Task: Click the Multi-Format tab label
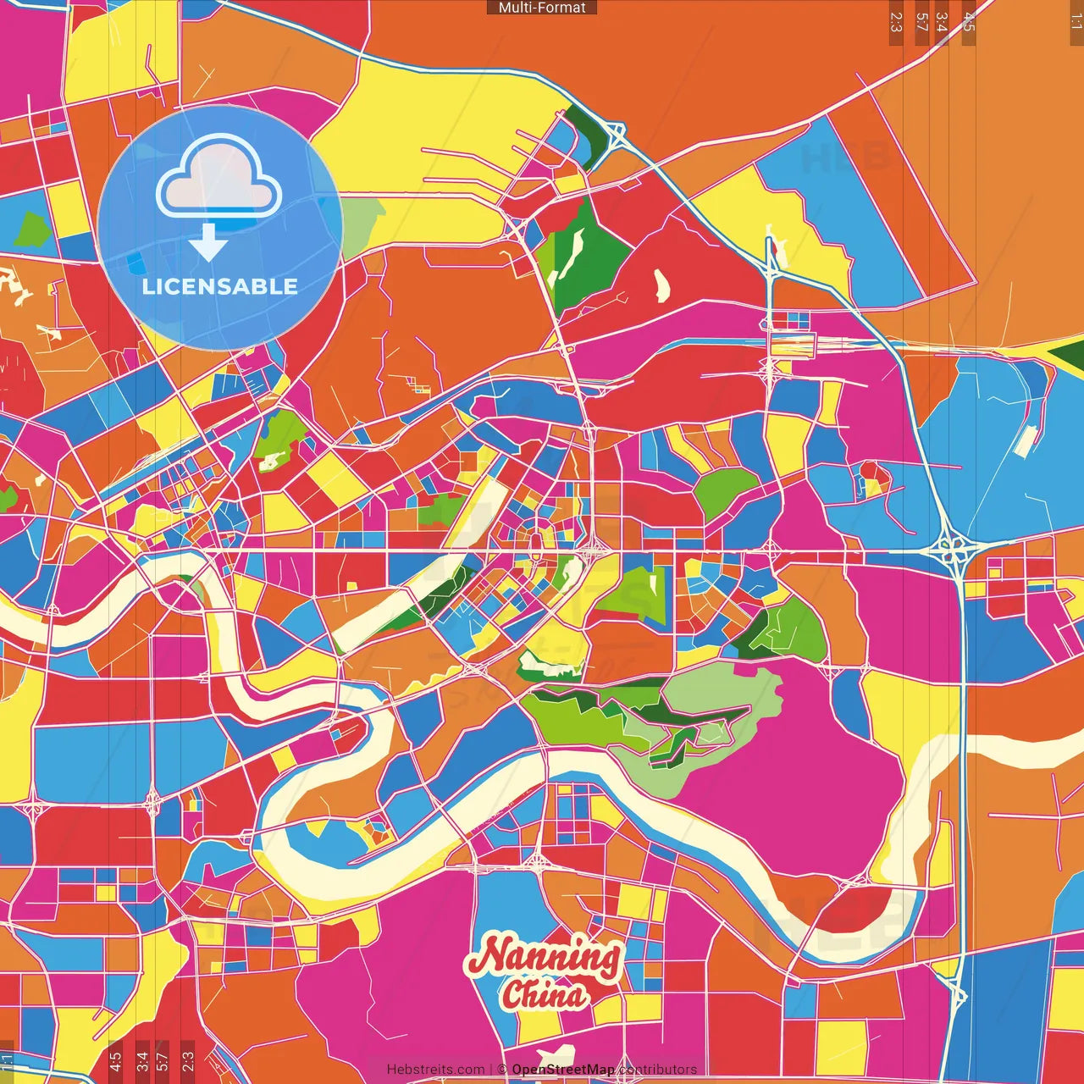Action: point(542,8)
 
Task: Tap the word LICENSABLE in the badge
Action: point(219,286)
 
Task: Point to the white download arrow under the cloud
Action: point(207,244)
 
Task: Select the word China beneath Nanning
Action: point(544,995)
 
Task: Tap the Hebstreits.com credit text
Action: point(435,1070)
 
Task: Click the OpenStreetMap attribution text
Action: point(562,1070)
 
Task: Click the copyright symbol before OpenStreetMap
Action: point(502,1070)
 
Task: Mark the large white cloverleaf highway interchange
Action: point(955,552)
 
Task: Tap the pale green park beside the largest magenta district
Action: point(720,703)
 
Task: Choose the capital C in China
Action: point(512,995)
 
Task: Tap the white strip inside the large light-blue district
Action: point(1025,439)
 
